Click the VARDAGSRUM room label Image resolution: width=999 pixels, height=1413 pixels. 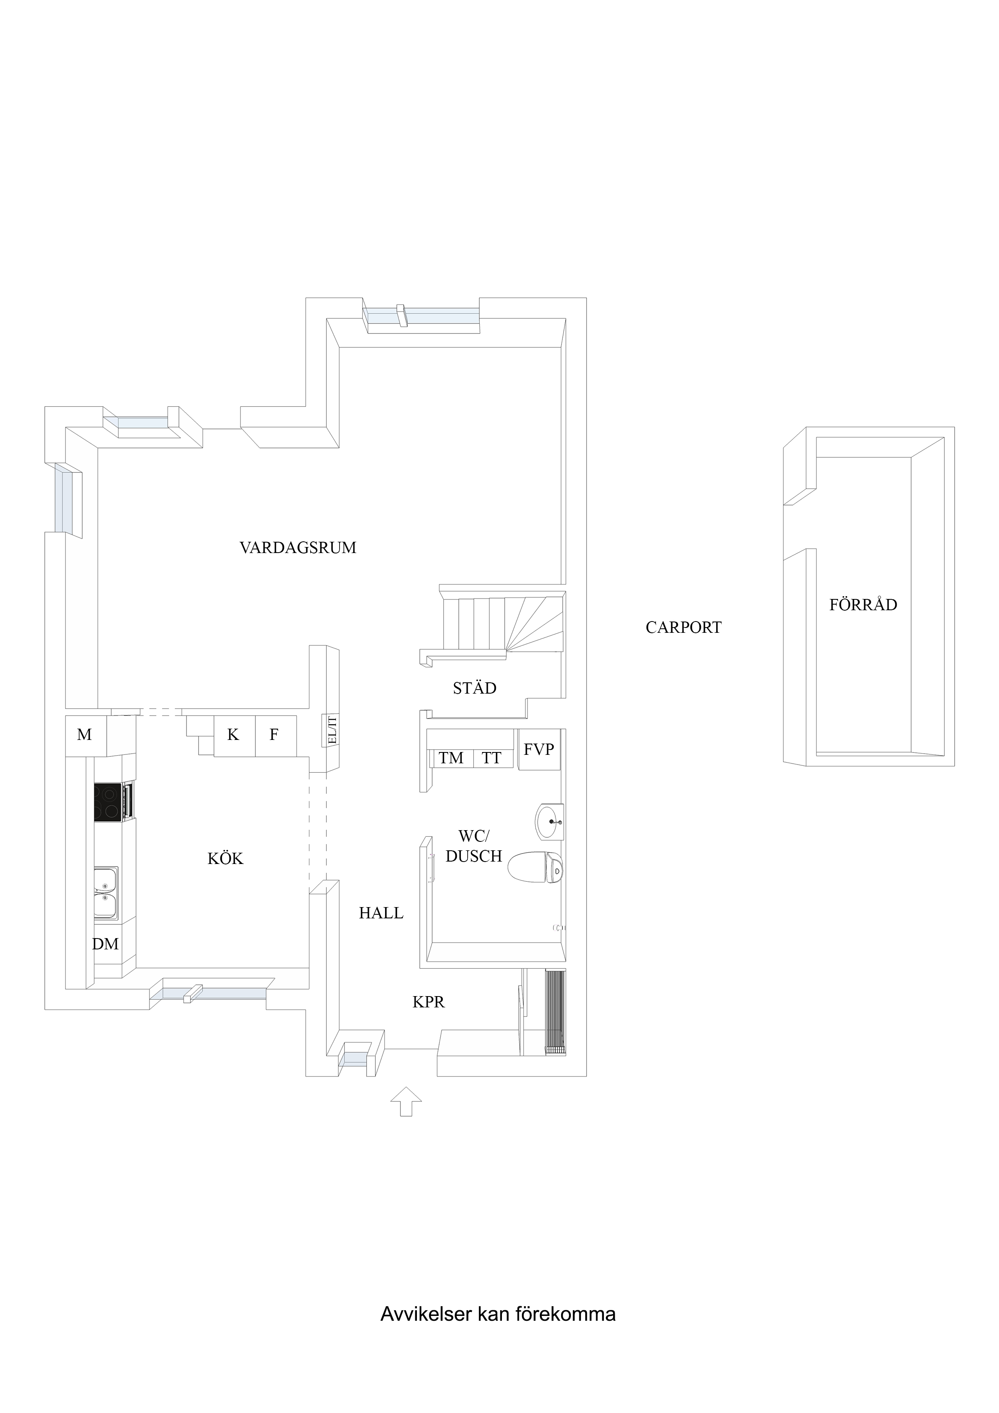(298, 548)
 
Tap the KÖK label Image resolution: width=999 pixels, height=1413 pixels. (225, 858)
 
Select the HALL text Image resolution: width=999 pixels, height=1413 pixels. (381, 913)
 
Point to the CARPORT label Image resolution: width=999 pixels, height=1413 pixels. (683, 628)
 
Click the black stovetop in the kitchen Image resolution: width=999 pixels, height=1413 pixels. (108, 802)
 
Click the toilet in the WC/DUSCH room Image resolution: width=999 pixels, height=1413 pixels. (535, 868)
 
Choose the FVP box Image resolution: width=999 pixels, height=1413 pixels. (539, 750)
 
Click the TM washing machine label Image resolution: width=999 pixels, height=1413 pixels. (451, 758)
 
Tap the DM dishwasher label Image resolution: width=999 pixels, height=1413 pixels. (105, 944)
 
